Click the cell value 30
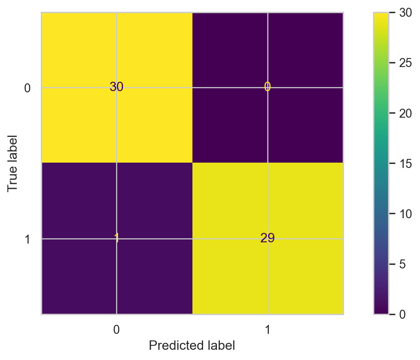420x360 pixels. [116, 87]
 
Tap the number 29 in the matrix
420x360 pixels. [267, 239]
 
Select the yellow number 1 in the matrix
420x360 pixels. [116, 239]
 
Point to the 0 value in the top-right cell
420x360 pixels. [267, 87]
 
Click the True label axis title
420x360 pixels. [13, 163]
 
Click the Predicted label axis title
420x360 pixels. [192, 346]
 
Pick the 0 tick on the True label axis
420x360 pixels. [27, 88]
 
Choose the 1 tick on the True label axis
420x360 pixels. [27, 239]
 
